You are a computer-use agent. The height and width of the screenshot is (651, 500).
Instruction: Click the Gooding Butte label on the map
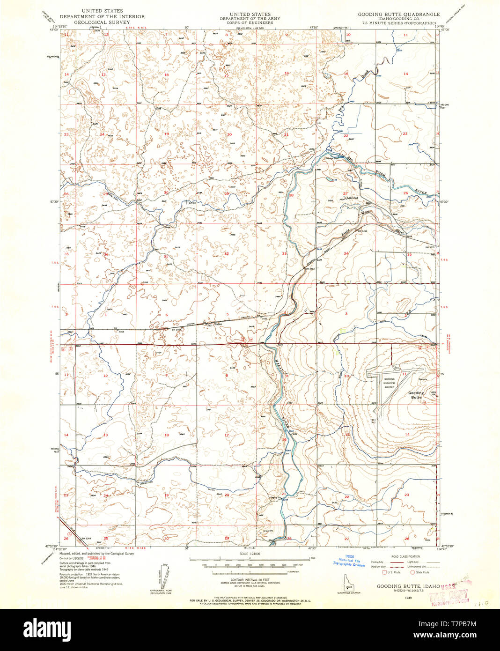pyautogui.click(x=416, y=395)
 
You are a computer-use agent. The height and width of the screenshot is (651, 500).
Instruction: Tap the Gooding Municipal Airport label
pyautogui.click(x=390, y=383)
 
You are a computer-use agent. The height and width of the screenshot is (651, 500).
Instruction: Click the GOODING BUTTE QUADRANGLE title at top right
pyautogui.click(x=398, y=15)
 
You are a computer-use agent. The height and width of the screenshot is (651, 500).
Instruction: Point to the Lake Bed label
pyautogui.click(x=352, y=198)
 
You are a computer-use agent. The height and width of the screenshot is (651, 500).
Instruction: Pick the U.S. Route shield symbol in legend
pyautogui.click(x=384, y=572)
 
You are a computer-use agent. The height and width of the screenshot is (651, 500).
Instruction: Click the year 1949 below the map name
pyautogui.click(x=408, y=598)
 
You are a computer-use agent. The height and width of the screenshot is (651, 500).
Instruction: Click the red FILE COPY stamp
pyautogui.click(x=449, y=597)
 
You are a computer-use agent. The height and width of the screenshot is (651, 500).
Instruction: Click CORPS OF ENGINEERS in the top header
pyautogui.click(x=250, y=22)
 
